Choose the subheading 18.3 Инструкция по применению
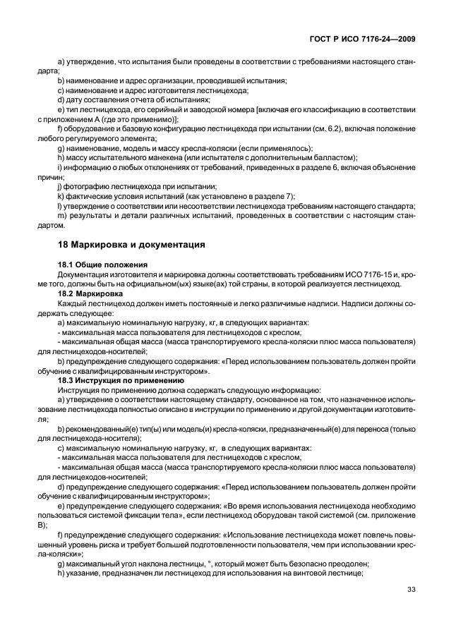click(x=121, y=379)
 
